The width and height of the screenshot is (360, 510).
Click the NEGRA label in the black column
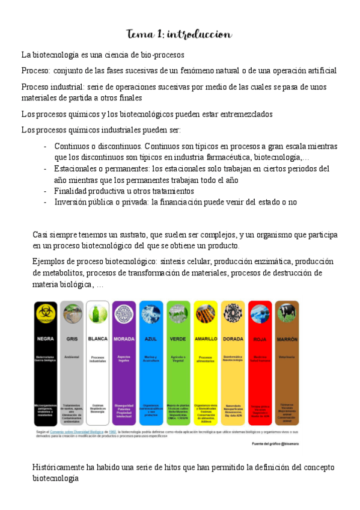46,339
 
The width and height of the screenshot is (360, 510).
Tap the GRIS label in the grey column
72,339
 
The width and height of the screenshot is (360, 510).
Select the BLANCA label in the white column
98,339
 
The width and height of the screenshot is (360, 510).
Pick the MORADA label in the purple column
124,339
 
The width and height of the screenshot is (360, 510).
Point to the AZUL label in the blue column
151,339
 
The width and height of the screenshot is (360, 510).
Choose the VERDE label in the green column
178,339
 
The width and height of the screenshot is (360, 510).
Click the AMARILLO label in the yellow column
206,339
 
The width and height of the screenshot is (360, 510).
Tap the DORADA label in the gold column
233,339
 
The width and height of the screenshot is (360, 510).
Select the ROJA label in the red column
260,339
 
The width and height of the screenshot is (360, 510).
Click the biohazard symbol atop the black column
46,313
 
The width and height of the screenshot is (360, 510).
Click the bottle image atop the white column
98,314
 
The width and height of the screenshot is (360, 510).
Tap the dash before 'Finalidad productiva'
46,191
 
